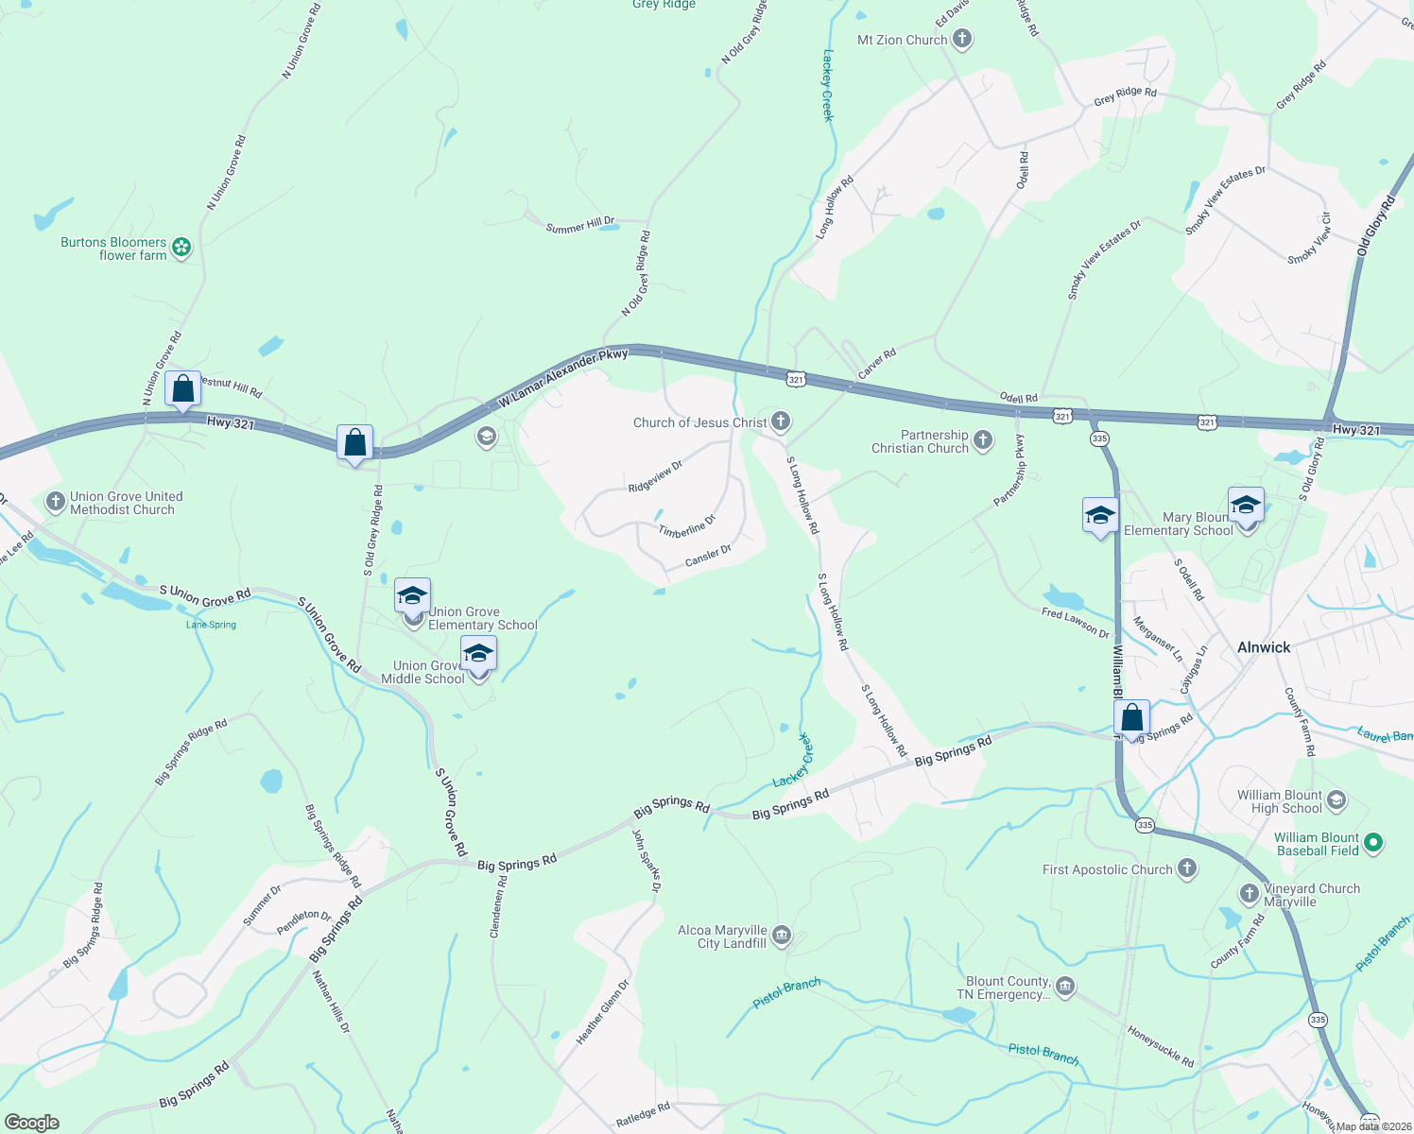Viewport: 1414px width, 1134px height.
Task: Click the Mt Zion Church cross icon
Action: [962, 39]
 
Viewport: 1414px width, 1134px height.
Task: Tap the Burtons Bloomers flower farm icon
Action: [181, 248]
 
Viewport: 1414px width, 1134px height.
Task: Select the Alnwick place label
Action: [1263, 647]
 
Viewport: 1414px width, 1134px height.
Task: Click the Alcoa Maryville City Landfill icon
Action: [781, 936]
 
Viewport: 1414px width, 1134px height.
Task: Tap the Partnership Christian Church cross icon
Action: [983, 439]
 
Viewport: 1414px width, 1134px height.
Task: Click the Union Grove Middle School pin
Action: [478, 655]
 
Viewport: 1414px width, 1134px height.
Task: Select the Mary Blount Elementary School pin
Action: [1246, 507]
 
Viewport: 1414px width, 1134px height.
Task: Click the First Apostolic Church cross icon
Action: [1187, 868]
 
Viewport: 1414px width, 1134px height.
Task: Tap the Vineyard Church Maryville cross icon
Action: [1249, 893]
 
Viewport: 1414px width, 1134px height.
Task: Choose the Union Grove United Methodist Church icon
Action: [56, 501]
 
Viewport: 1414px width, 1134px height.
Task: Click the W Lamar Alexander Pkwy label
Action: [563, 380]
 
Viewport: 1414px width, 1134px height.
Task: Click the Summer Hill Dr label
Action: [580, 225]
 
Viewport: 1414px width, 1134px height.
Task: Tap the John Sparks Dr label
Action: [647, 860]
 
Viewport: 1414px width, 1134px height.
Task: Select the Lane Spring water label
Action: [211, 625]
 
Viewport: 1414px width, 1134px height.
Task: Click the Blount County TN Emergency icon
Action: [1064, 988]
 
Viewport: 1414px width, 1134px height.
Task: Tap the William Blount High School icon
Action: [1336, 801]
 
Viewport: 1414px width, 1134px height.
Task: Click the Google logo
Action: [31, 1122]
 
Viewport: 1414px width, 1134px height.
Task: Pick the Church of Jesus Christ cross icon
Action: [781, 421]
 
